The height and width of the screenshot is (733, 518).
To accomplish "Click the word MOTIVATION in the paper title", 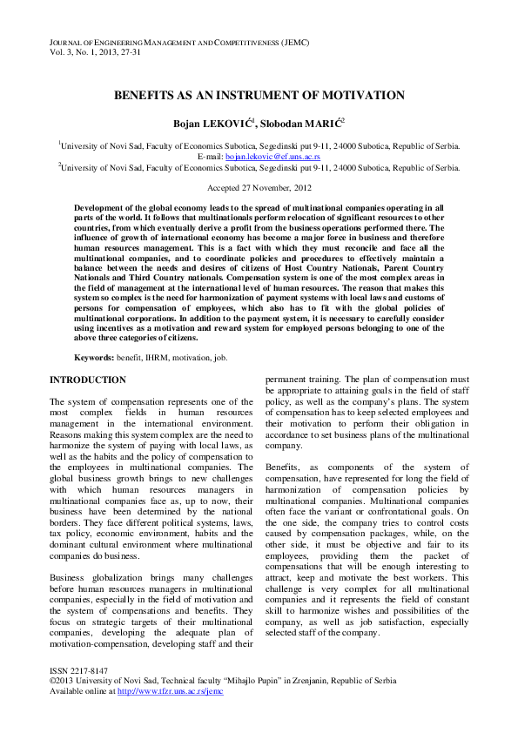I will click(358, 95).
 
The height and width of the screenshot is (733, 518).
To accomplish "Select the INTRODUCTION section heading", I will click(87, 380).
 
